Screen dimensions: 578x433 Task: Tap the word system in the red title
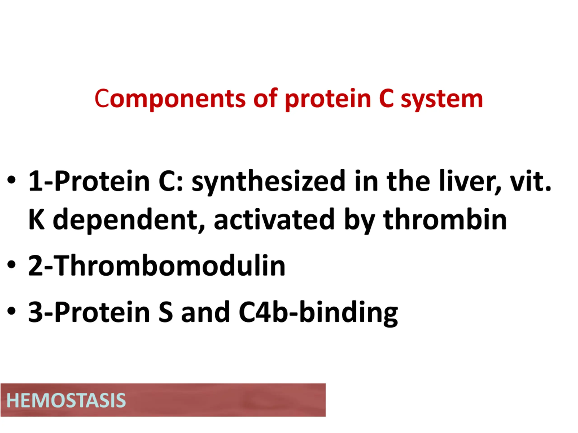point(442,99)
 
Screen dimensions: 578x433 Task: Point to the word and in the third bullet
point(205,312)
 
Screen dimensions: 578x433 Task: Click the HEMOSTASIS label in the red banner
point(66,400)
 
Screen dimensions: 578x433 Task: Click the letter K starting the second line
point(36,219)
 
